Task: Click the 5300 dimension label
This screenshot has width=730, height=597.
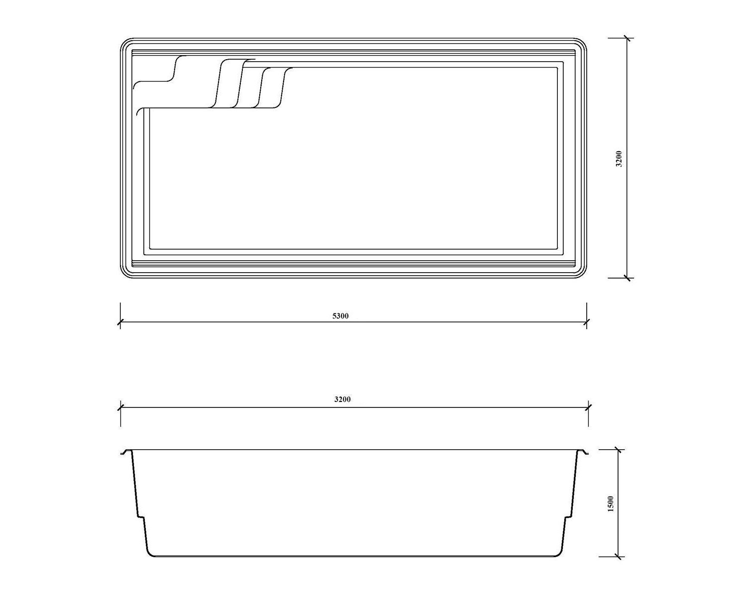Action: tap(340, 316)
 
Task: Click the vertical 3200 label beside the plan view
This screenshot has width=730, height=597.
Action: tap(619, 159)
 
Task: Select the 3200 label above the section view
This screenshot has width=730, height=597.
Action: tap(342, 399)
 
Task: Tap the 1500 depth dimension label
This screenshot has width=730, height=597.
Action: tap(611, 503)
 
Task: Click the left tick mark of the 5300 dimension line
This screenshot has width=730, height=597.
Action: tap(120, 322)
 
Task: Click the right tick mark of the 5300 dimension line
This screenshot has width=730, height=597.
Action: tap(586, 322)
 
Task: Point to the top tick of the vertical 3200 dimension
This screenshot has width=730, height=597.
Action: tap(627, 38)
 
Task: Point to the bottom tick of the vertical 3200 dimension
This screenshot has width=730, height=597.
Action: tap(627, 278)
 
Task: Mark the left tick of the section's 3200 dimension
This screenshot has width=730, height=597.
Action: tap(120, 407)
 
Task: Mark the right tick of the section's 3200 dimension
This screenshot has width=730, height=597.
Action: tap(588, 407)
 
